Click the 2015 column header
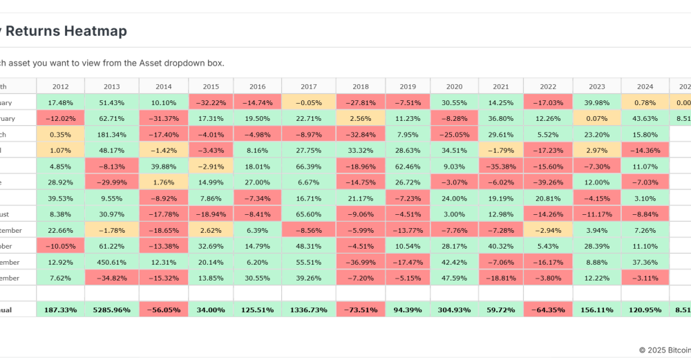click(x=209, y=86)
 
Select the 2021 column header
click(x=501, y=86)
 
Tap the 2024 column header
click(x=645, y=86)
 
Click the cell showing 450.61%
click(x=111, y=262)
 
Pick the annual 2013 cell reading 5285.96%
click(x=111, y=310)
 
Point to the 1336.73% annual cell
click(x=309, y=310)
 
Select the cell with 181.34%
click(x=111, y=134)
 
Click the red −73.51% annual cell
click(x=360, y=310)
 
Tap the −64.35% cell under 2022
click(x=548, y=310)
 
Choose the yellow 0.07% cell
click(x=597, y=118)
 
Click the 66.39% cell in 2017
click(x=309, y=166)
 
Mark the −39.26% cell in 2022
click(x=548, y=182)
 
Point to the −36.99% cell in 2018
click(x=360, y=262)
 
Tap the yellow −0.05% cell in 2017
click(x=309, y=102)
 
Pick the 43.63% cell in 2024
click(x=645, y=118)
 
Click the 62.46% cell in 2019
click(x=408, y=166)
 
